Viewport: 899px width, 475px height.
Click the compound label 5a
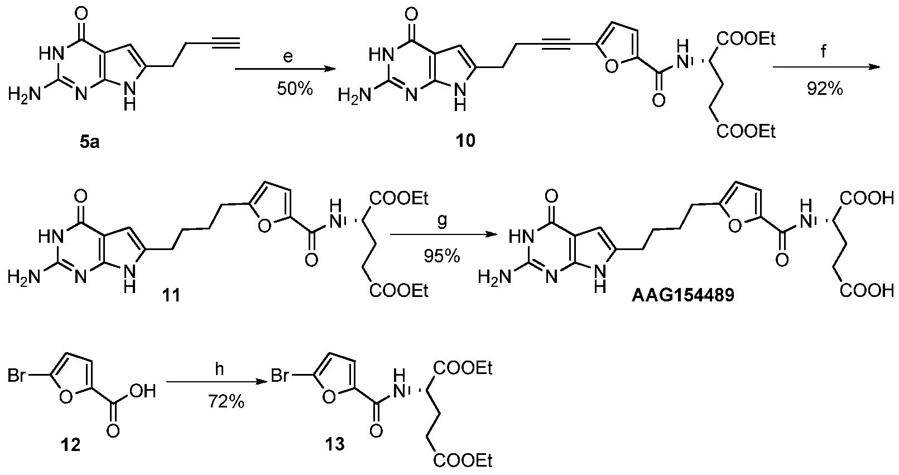(89, 142)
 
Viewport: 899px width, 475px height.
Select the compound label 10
(465, 141)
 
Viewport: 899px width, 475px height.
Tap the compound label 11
(171, 296)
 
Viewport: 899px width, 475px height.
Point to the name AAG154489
(682, 295)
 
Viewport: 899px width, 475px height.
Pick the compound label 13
(335, 444)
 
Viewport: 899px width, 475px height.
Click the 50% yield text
(295, 89)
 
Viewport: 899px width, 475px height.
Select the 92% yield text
(825, 89)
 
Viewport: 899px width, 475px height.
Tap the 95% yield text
(442, 256)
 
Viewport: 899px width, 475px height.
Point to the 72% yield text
(226, 401)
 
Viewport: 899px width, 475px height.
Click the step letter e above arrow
(288, 56)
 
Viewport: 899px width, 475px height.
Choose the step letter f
(824, 51)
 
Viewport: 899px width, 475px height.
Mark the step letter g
(442, 221)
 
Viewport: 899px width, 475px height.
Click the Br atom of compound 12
(17, 376)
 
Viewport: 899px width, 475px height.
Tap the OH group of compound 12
(143, 391)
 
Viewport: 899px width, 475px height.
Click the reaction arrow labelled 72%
(217, 383)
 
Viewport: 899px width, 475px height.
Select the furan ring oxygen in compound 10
(611, 66)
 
